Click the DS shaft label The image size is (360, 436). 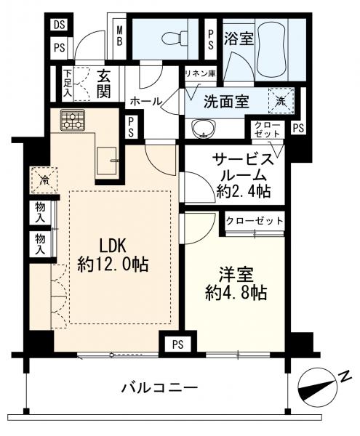click(59, 25)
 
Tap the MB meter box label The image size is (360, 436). click(119, 36)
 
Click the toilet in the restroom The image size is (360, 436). click(176, 38)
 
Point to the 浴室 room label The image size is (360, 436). click(239, 39)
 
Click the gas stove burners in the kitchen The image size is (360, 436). click(73, 120)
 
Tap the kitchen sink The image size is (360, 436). click(107, 160)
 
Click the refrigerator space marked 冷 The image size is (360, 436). click(44, 180)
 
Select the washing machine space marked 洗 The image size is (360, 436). click(281, 101)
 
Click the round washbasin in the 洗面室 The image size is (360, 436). click(204, 128)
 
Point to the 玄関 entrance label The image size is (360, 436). click(103, 84)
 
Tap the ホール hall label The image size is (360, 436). click(145, 101)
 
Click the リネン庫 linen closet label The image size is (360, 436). click(201, 73)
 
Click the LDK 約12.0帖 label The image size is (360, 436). click(113, 255)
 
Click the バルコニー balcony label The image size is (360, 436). click(160, 387)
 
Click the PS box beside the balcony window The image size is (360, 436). click(177, 344)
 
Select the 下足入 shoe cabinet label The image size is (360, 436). click(67, 83)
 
